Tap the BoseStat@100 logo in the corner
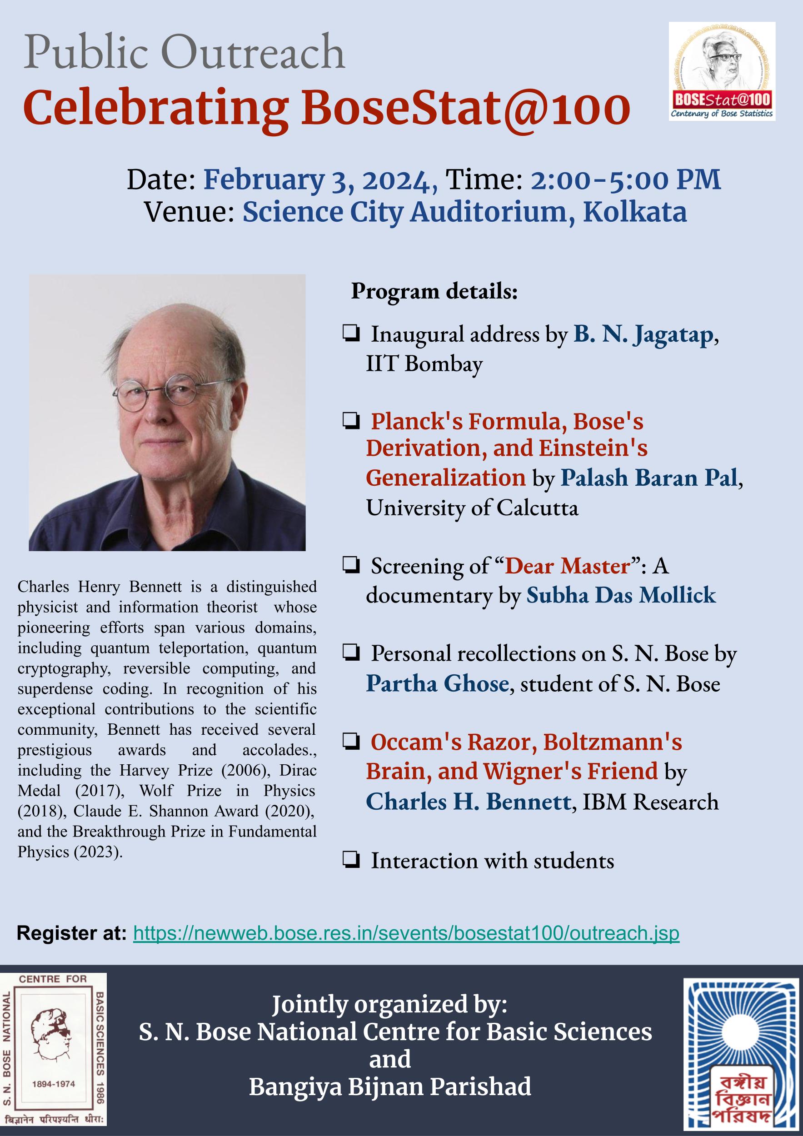coord(722,71)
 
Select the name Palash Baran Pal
coord(648,478)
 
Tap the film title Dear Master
coord(568,566)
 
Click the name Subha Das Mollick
coord(621,595)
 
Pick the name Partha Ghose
coord(437,684)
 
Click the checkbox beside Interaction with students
coord(350,862)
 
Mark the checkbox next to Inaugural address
coord(350,334)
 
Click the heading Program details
coord(434,291)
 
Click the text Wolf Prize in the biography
coord(180,790)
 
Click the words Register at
coord(72,933)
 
